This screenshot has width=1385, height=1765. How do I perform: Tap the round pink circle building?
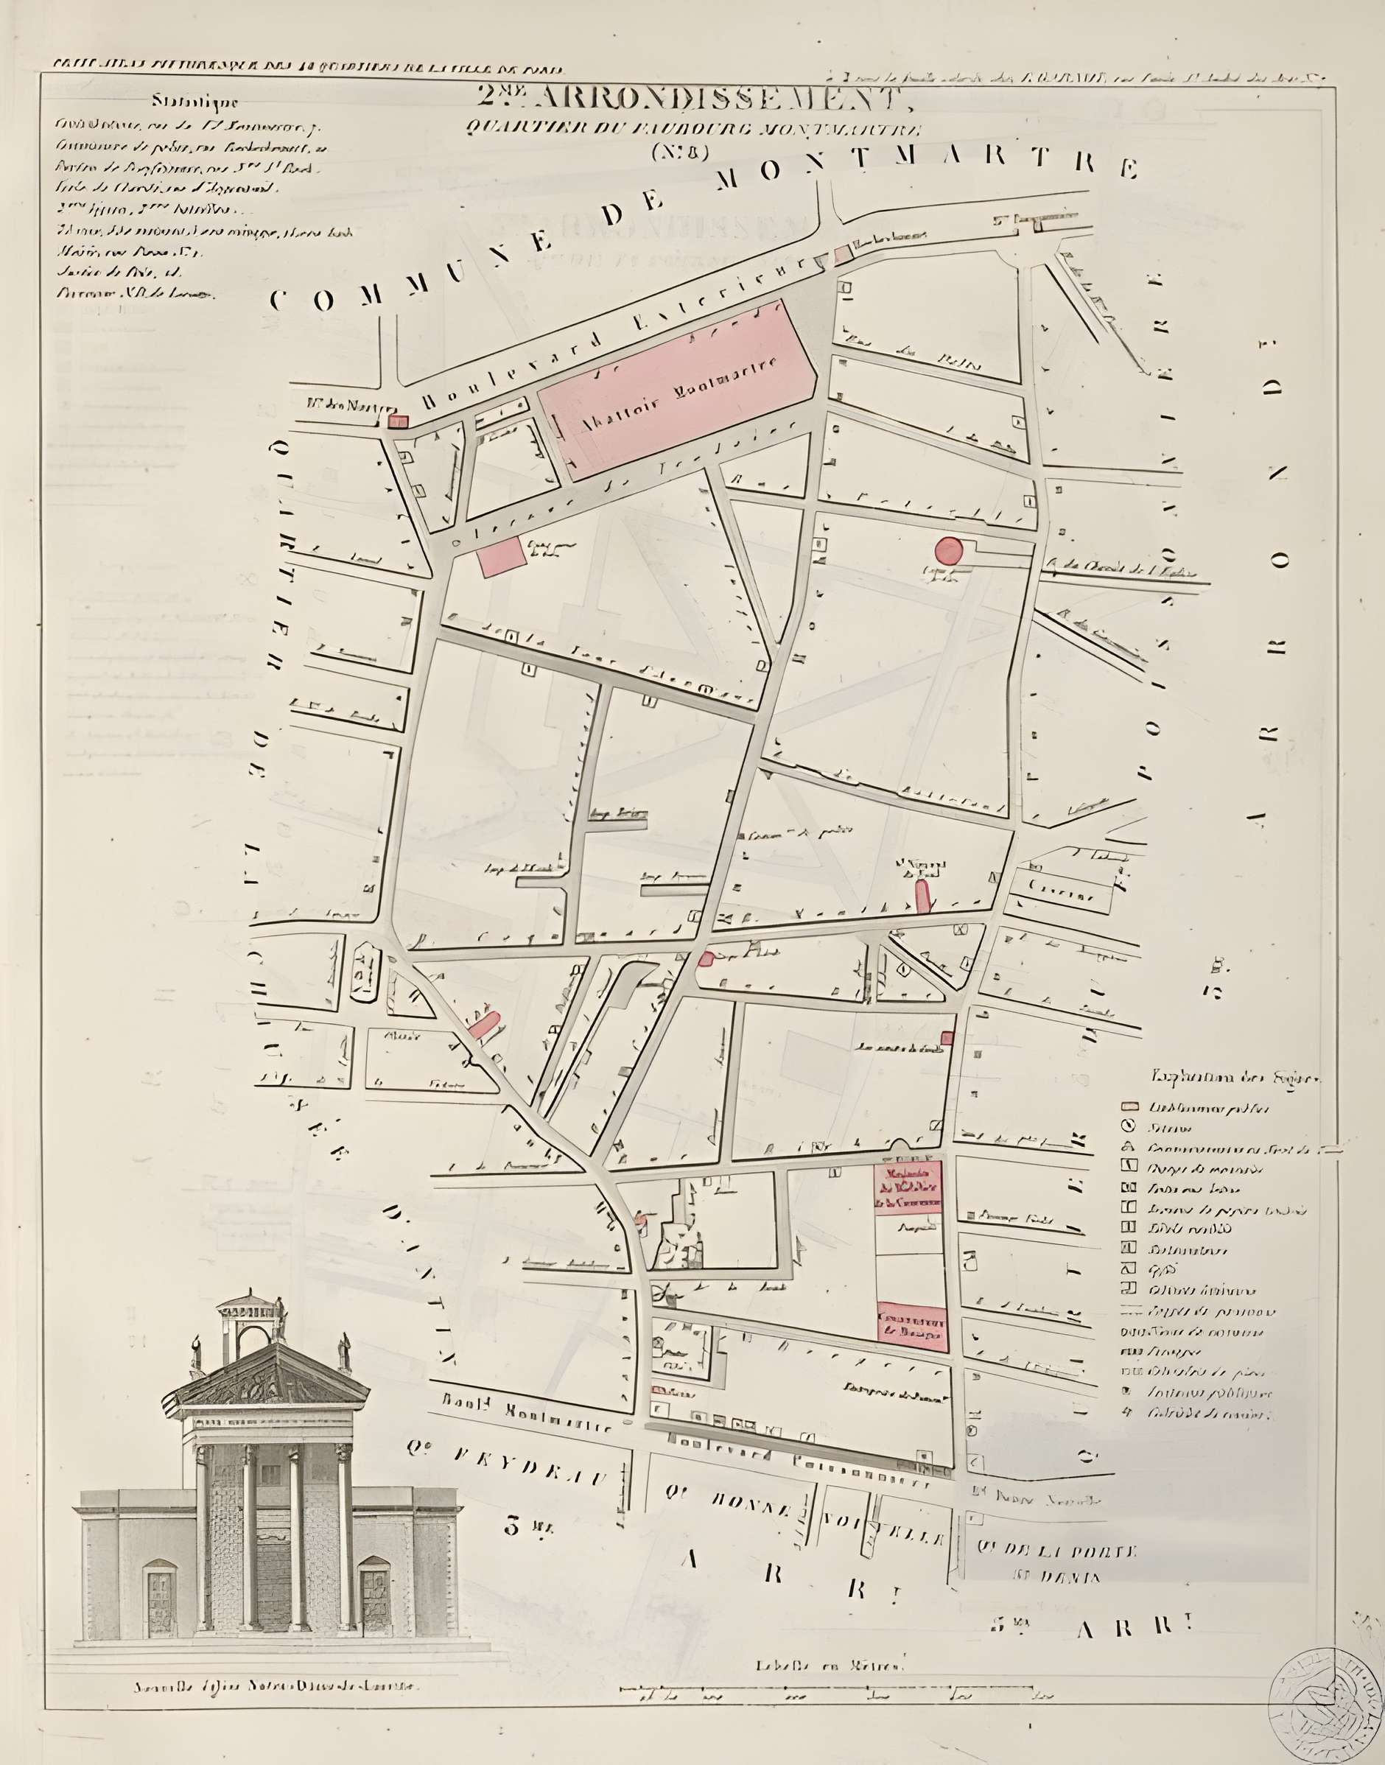[x=948, y=550]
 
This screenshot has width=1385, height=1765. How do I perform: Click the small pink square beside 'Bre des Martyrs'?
[x=397, y=421]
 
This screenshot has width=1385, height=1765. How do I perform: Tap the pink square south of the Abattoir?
[x=501, y=556]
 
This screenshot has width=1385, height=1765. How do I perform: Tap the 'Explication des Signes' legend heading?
[x=1237, y=1078]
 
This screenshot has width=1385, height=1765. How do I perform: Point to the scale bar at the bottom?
[x=835, y=1687]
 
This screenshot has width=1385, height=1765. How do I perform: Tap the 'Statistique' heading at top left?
[x=194, y=102]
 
